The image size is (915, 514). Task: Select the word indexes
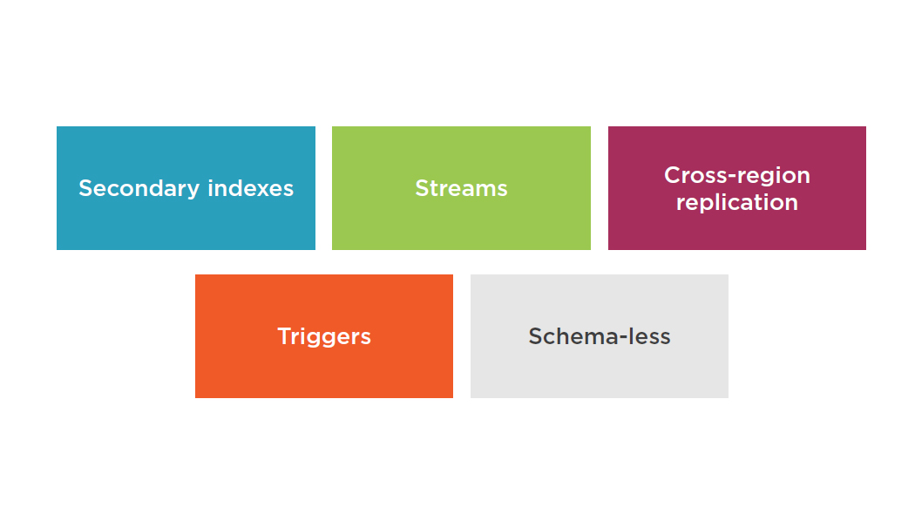(250, 188)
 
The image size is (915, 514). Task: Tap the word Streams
(461, 188)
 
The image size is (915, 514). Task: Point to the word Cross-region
(737, 176)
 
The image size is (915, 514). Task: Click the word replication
(737, 203)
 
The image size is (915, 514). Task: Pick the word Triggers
(324, 337)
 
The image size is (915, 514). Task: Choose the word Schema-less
(600, 336)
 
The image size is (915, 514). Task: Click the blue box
(186, 188)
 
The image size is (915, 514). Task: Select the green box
(461, 188)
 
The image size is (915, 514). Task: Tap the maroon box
(737, 188)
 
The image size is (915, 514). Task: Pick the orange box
(324, 336)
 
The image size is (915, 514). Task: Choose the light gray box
(600, 336)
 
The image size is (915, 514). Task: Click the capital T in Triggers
(285, 336)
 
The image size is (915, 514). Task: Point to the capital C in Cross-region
(673, 175)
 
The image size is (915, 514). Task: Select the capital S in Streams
(423, 188)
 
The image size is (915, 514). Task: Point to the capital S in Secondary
(86, 188)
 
